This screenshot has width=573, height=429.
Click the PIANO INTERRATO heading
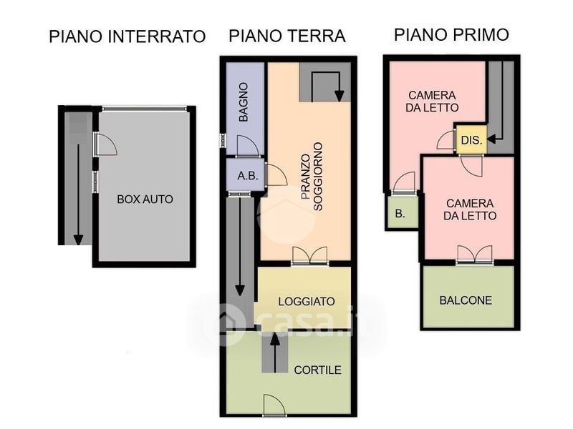[127, 36]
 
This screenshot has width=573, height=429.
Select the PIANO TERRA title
[287, 36]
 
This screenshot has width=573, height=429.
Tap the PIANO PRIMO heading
[451, 34]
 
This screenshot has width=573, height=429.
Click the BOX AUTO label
[145, 199]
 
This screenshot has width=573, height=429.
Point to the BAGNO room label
[244, 102]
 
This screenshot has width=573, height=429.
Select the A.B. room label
[248, 176]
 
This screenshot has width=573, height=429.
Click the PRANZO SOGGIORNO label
[312, 177]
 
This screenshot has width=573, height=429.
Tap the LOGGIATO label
[307, 301]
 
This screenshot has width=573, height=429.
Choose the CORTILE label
[317, 370]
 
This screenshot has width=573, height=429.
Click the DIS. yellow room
[471, 139]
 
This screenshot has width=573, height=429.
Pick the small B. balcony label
[400, 213]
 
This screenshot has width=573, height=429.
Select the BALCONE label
[466, 300]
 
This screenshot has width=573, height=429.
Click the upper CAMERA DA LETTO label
[432, 102]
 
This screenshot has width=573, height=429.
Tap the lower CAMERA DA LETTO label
[470, 209]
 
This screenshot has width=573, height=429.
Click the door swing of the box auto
[106, 144]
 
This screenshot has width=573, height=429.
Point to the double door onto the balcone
[475, 255]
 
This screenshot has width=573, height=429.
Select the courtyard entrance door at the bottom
[274, 404]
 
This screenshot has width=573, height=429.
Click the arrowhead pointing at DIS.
[491, 139]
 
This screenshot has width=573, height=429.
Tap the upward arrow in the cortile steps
[275, 352]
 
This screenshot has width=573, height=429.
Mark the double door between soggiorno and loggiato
[310, 255]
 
